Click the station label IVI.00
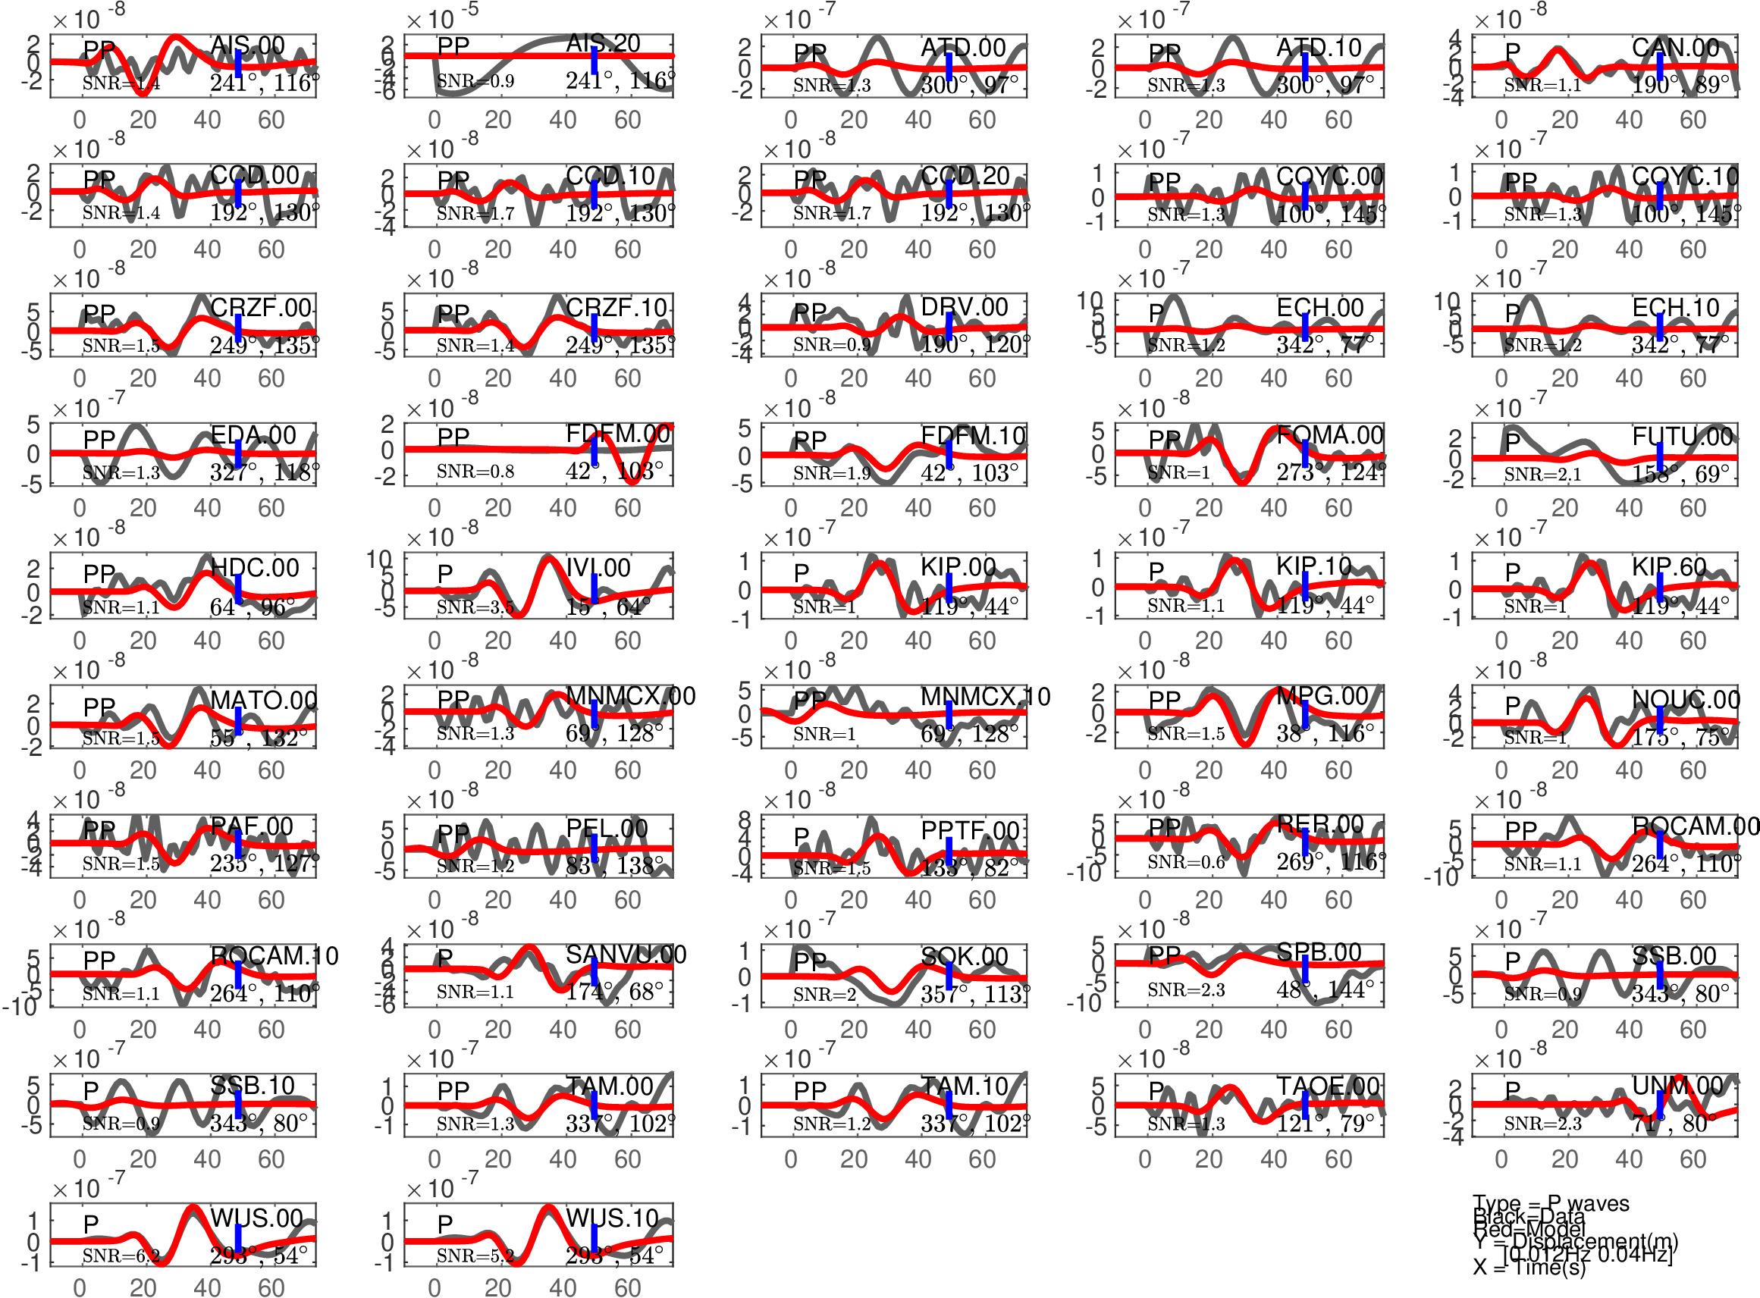tap(598, 567)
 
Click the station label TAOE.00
tap(1328, 1086)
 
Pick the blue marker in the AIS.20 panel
tap(594, 61)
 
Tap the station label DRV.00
tap(964, 307)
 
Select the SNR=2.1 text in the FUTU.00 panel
tap(1542, 474)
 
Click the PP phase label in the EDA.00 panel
tap(99, 439)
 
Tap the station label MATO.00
tap(263, 700)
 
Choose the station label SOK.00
tap(964, 956)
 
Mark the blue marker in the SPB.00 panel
tap(1305, 970)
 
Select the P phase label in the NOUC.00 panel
tap(1513, 705)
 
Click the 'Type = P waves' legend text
tap(1550, 1203)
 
